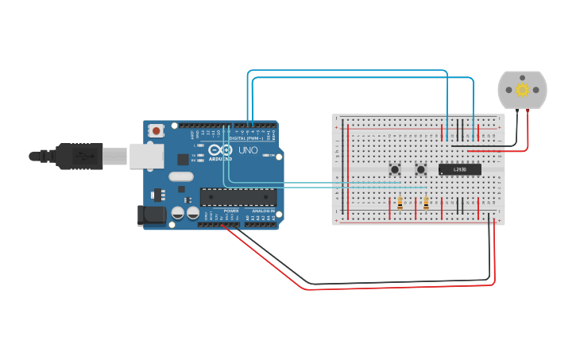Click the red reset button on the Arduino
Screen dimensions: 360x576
coord(157,130)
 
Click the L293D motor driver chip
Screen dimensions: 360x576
coord(460,168)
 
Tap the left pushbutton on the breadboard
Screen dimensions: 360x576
coord(394,168)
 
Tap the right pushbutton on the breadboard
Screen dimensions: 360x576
coord(421,168)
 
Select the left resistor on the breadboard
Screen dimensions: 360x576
coord(400,204)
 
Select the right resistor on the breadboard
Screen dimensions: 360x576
coord(427,204)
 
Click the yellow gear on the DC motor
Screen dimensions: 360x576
coord(522,90)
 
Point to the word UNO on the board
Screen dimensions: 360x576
coord(248,149)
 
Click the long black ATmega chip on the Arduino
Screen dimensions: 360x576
coord(238,196)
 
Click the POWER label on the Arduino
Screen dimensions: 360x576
coord(230,211)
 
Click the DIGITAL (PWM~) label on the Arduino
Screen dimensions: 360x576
coord(247,137)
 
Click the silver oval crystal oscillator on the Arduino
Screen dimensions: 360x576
coord(180,177)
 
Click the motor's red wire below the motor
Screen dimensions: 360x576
coord(527,127)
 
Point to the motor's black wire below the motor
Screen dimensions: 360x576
coord(517,127)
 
